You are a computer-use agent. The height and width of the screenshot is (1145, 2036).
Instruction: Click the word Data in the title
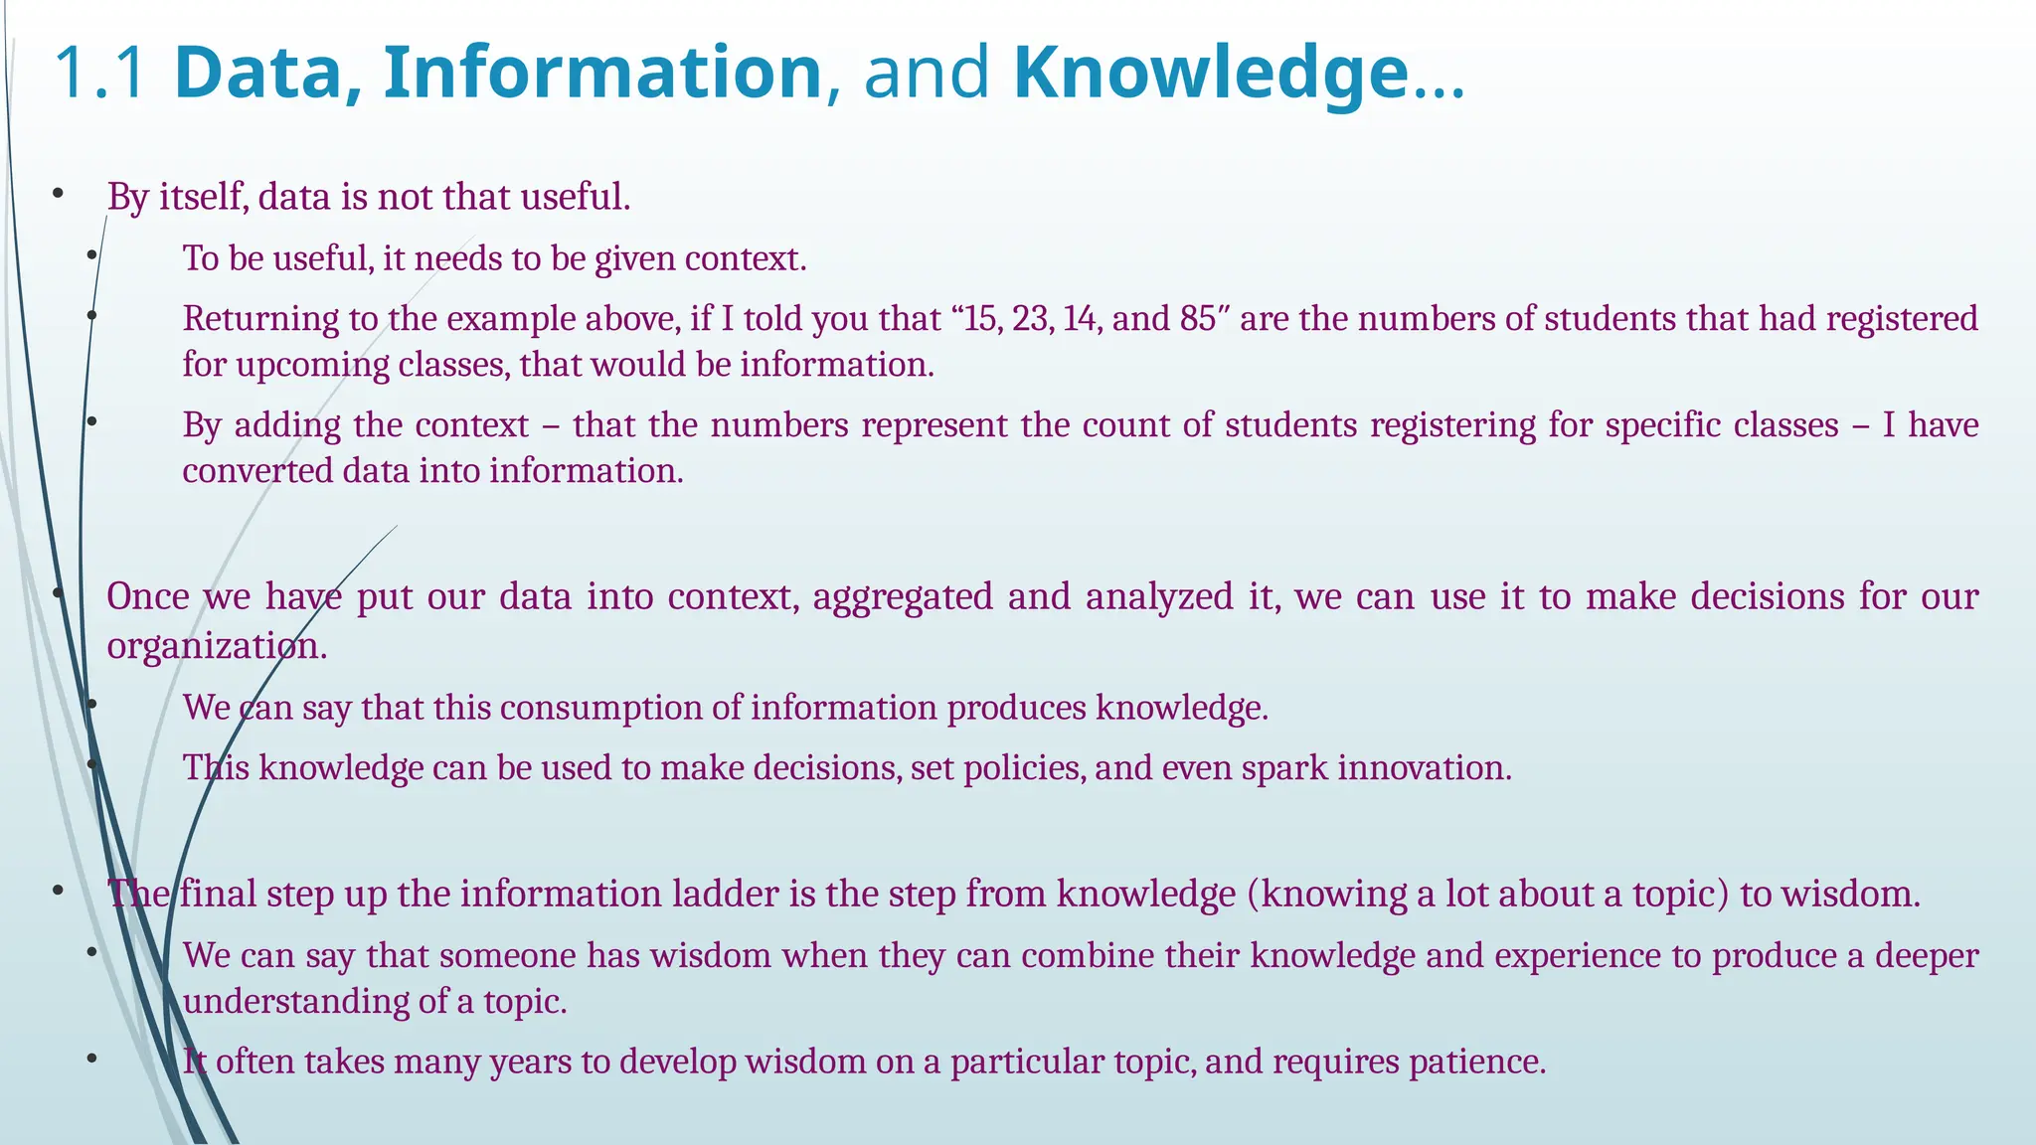click(x=257, y=73)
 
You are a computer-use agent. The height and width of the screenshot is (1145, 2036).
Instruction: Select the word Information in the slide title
click(x=602, y=73)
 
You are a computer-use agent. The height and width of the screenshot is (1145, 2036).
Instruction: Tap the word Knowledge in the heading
click(x=1211, y=73)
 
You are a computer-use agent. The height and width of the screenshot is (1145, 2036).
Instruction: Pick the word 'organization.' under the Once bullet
click(x=217, y=646)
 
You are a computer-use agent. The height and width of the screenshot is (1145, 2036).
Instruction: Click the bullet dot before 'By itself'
click(x=59, y=195)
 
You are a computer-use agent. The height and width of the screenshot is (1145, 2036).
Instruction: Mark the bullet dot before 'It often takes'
click(x=91, y=1060)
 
